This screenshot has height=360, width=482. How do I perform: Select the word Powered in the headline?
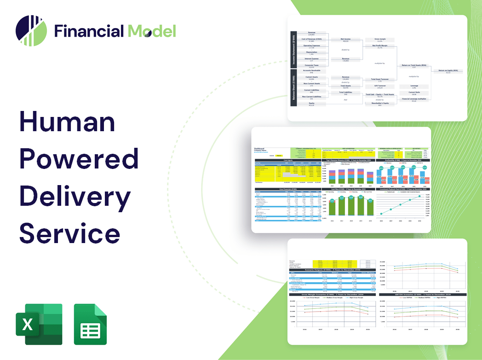(79, 159)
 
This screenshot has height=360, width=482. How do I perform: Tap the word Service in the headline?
(69, 232)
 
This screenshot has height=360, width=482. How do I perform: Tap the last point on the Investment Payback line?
(419, 197)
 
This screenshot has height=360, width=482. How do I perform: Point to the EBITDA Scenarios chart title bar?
(419, 294)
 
